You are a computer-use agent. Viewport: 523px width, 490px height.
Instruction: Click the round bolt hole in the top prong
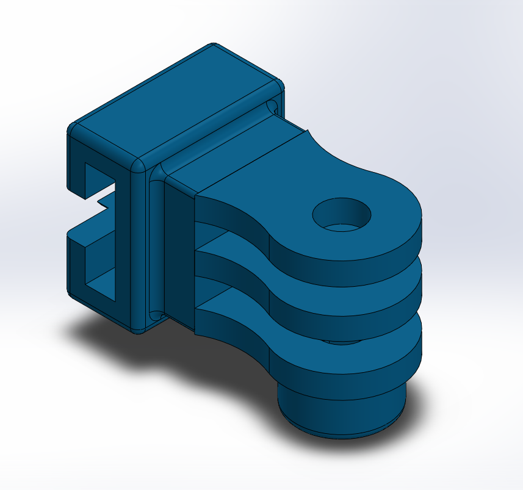pyautogui.click(x=342, y=215)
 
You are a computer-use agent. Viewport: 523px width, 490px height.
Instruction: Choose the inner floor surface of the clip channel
pyautogui.click(x=101, y=281)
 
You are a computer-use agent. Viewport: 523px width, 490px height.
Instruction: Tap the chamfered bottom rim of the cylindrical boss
pyautogui.click(x=342, y=432)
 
